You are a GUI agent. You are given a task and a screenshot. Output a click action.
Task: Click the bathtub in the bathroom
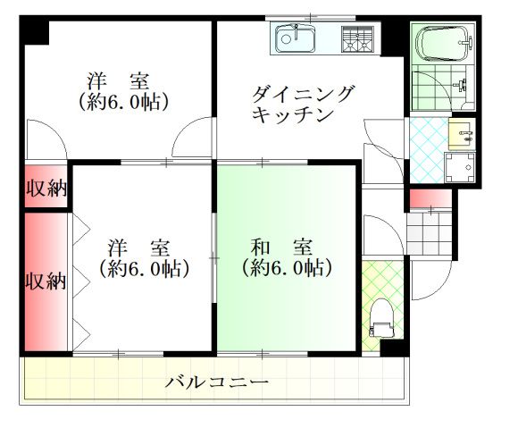[441, 43]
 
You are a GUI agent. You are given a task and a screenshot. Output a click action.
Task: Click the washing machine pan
[461, 168]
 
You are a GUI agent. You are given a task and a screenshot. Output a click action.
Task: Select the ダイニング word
[303, 94]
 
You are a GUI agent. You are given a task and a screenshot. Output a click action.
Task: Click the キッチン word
[292, 114]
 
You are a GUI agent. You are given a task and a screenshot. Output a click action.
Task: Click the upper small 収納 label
[46, 188]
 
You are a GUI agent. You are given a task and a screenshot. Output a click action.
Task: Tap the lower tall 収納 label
[45, 281]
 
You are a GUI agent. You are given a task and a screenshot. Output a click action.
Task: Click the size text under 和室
[286, 267]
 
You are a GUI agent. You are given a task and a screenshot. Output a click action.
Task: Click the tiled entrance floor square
[429, 232]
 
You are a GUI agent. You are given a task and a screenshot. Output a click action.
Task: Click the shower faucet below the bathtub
[461, 87]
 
